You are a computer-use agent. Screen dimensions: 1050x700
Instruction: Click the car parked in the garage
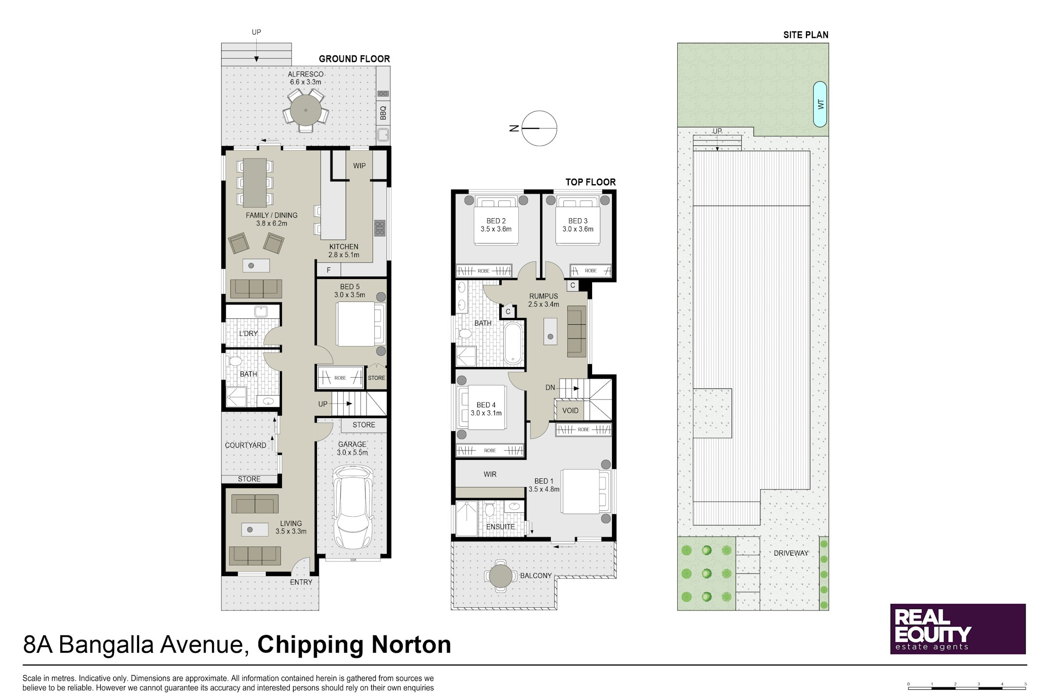click(353, 507)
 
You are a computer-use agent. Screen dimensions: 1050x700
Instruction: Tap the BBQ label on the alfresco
click(383, 113)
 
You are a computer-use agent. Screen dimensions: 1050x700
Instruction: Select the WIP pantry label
click(359, 166)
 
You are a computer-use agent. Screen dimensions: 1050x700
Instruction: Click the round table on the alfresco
click(306, 110)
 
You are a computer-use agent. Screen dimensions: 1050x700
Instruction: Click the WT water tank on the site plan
click(820, 104)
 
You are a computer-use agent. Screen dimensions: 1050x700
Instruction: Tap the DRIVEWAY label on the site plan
click(791, 553)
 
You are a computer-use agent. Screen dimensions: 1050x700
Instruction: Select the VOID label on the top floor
click(570, 411)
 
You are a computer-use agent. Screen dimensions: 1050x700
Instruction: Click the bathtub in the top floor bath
click(513, 343)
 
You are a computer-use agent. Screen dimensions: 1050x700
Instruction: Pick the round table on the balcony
click(501, 576)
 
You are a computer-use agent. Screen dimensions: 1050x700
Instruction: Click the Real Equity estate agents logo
click(958, 629)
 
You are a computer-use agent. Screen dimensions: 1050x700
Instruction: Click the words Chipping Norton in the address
click(354, 645)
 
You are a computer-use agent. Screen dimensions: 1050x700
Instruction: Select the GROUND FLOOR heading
click(354, 59)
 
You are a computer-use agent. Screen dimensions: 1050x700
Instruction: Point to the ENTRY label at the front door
click(301, 582)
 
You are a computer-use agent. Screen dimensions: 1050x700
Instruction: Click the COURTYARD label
click(245, 445)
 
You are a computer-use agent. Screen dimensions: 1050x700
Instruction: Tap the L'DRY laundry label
click(248, 333)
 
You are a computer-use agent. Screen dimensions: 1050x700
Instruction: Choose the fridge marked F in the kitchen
click(329, 270)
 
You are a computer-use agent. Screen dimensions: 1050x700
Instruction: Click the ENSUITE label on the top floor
click(500, 527)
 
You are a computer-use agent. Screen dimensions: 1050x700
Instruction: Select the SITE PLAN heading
click(805, 35)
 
